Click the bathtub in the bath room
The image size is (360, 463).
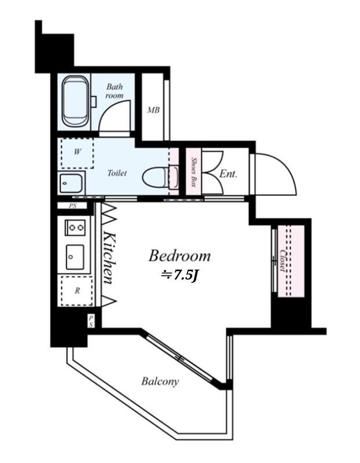pos(76,101)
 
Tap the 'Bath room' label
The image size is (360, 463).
pos(115,91)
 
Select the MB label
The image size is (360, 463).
pos(153,110)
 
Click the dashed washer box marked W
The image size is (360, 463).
pos(78,153)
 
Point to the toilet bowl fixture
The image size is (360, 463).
pos(160,177)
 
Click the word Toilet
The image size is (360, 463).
pos(117,172)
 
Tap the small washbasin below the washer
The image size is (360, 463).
pos(71,183)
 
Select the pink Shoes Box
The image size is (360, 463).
pos(193,171)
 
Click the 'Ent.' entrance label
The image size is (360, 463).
pos(228,174)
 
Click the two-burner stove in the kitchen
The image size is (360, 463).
pos(75,227)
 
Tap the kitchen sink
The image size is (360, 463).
pos(75,257)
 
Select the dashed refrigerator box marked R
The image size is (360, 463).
pos(77,291)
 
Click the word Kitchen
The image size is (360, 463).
pos(109,258)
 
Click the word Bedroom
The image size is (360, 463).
pos(179,256)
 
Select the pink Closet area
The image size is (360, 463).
pos(291,261)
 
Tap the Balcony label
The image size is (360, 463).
pos(160,381)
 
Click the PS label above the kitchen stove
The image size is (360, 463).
pos(73,206)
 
